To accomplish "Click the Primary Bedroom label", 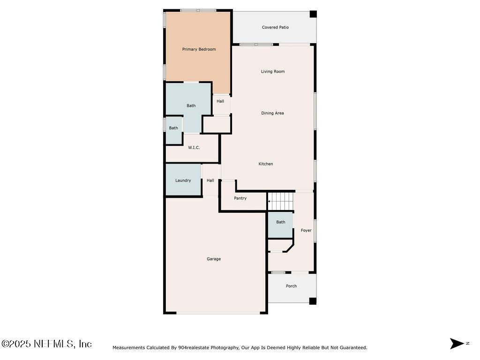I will (199, 49).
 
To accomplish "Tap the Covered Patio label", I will (275, 27).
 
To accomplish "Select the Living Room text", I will (273, 72).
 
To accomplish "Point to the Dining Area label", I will (272, 113).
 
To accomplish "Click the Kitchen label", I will (266, 164).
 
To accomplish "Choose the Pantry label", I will (240, 198).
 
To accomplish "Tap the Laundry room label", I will (183, 180).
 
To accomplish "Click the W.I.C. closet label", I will (194, 148).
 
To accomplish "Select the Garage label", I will (214, 259).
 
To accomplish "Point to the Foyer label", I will (306, 230).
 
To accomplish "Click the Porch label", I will (291, 286).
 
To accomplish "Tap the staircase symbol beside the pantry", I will (280, 202).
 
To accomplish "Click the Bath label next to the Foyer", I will (280, 222).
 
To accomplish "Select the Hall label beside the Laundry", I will (210, 180).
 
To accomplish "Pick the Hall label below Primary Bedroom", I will (220, 101).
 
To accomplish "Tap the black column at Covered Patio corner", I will (313, 14).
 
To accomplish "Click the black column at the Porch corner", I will (313, 301).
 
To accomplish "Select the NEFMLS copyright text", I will (46, 344).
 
